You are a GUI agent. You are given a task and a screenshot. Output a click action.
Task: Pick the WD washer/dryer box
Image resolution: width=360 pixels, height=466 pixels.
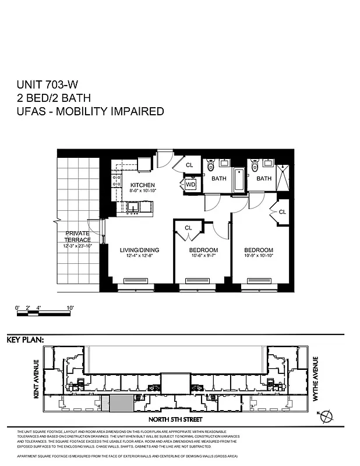pyautogui.click(x=190, y=185)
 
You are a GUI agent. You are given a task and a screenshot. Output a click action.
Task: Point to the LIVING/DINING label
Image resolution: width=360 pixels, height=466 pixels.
pyautogui.click(x=139, y=250)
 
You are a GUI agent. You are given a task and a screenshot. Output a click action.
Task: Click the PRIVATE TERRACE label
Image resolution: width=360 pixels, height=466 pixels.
pyautogui.click(x=77, y=236)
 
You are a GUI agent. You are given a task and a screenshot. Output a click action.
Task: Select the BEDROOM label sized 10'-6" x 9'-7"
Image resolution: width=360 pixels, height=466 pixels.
pyautogui.click(x=203, y=250)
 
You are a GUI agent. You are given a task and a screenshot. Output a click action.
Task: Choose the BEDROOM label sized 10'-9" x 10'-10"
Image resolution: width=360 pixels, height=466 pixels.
pyautogui.click(x=259, y=250)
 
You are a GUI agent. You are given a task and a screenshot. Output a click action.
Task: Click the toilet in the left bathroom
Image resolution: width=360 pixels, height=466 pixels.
pyautogui.click(x=211, y=167)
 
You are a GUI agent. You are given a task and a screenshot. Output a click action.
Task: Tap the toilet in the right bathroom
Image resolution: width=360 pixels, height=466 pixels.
pyautogui.click(x=254, y=167)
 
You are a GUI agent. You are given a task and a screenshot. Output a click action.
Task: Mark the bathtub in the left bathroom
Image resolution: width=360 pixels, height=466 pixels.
pyautogui.click(x=239, y=180)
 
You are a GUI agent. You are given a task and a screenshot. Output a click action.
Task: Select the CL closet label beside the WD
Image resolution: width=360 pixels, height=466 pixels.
pyautogui.click(x=189, y=165)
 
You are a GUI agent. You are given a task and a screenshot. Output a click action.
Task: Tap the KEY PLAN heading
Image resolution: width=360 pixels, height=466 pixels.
pyautogui.click(x=25, y=340)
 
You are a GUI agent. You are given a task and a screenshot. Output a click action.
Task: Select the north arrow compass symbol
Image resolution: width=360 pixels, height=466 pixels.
pyautogui.click(x=328, y=415)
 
